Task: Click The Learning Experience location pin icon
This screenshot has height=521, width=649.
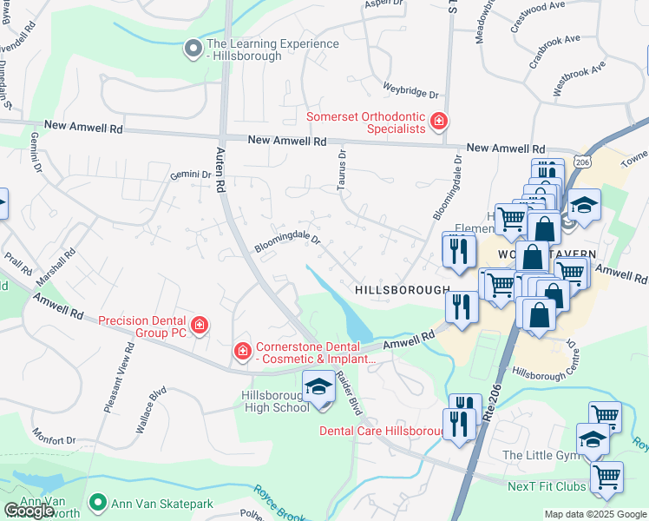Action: [x=193, y=49]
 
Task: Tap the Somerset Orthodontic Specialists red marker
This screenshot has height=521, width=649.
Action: [x=439, y=122]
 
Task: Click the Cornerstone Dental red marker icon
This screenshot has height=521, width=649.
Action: [x=244, y=352]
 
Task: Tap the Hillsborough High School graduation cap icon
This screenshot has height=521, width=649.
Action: [x=318, y=386]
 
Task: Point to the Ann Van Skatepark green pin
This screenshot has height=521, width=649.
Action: [x=99, y=502]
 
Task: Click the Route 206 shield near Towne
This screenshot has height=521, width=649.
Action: [x=581, y=162]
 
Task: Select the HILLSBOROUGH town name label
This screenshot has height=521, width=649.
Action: [x=403, y=289]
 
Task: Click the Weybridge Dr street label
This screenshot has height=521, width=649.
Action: [x=410, y=90]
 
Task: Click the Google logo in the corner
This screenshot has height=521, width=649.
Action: [x=29, y=511]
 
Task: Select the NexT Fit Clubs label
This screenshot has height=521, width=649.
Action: [x=547, y=485]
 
